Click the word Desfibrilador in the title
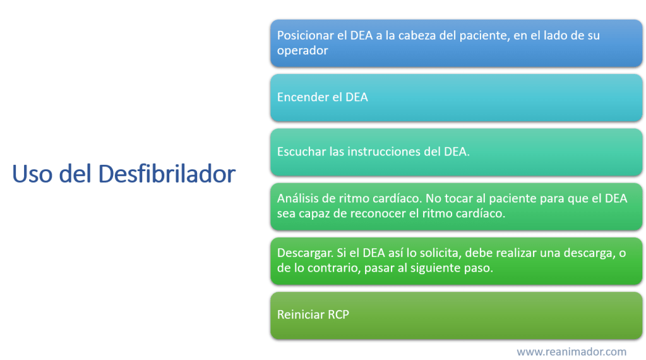click(x=167, y=174)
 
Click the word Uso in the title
click(x=32, y=174)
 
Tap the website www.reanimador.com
click(x=571, y=352)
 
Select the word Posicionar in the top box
click(x=305, y=35)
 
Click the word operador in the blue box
click(x=302, y=51)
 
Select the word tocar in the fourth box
click(x=458, y=198)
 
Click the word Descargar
click(x=305, y=253)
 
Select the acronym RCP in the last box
click(x=338, y=315)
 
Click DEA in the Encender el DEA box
click(x=356, y=97)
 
